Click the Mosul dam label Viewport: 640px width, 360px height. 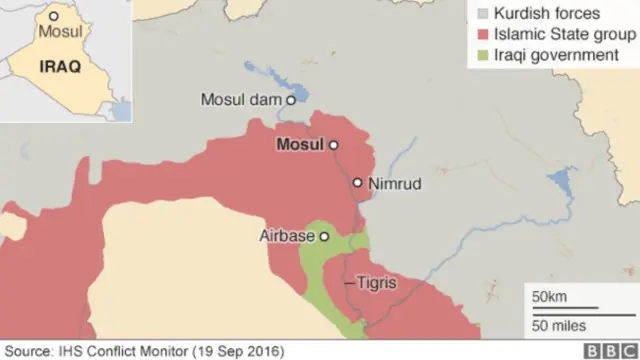[242, 100]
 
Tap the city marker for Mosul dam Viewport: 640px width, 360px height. [291, 100]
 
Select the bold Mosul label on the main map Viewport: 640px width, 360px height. [299, 145]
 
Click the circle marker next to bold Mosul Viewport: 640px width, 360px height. [334, 145]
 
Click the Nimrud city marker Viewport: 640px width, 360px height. [357, 183]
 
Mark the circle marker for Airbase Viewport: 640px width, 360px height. [324, 237]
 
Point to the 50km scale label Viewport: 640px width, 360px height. [549, 297]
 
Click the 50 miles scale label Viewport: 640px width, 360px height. [558, 326]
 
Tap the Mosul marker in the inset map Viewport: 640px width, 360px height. [54, 17]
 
